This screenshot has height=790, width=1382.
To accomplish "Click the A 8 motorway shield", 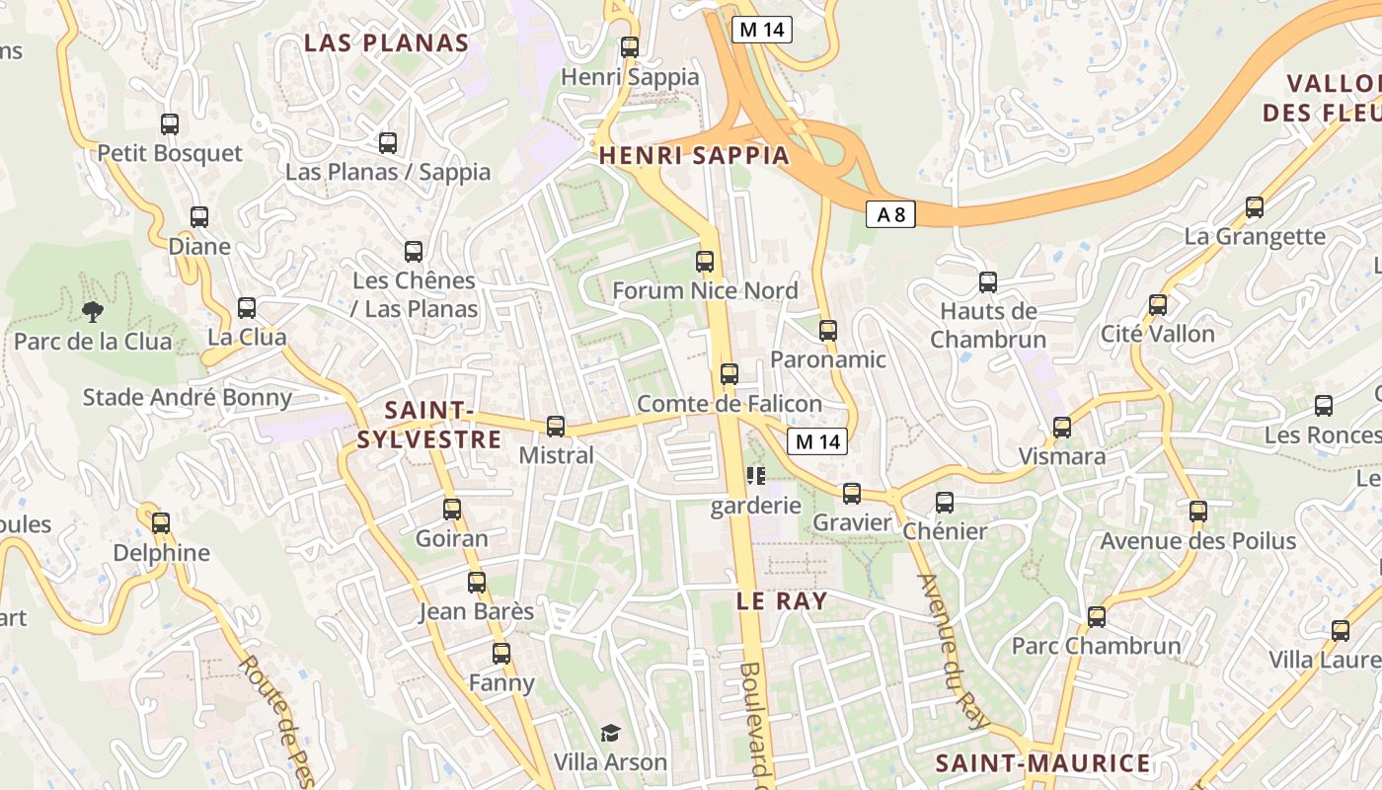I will [x=890, y=214].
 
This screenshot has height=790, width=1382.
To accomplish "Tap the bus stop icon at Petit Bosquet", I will [x=170, y=124].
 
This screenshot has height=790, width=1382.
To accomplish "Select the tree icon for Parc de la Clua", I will [x=93, y=312].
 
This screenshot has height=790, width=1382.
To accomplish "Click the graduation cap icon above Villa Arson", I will [x=611, y=733].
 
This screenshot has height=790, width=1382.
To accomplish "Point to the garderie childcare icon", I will [x=756, y=477].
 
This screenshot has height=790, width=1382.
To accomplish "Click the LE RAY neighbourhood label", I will [x=782, y=600].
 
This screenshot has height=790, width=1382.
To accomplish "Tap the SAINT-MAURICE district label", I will [x=1042, y=763].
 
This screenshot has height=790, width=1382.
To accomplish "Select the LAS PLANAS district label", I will [x=386, y=42].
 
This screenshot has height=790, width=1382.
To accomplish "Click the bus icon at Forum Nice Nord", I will [x=705, y=262].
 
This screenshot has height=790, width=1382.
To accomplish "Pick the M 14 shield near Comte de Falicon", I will [x=817, y=441].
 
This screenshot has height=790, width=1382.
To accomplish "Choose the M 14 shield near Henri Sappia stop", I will [x=762, y=30].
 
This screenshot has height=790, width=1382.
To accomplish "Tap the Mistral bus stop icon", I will [x=556, y=427].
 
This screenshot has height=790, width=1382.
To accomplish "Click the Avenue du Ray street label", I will [x=953, y=652].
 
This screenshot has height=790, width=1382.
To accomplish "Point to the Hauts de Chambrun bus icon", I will [x=988, y=282].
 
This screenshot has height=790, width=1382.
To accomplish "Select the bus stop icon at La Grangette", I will [x=1255, y=207].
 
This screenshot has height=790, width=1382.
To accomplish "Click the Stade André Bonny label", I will [x=188, y=398].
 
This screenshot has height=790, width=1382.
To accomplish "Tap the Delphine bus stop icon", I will [x=161, y=523].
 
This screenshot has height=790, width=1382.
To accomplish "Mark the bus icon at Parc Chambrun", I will [x=1097, y=617].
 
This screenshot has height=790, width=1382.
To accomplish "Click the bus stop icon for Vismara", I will [x=1062, y=428].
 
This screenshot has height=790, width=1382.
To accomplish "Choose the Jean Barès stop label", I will [x=477, y=611].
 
